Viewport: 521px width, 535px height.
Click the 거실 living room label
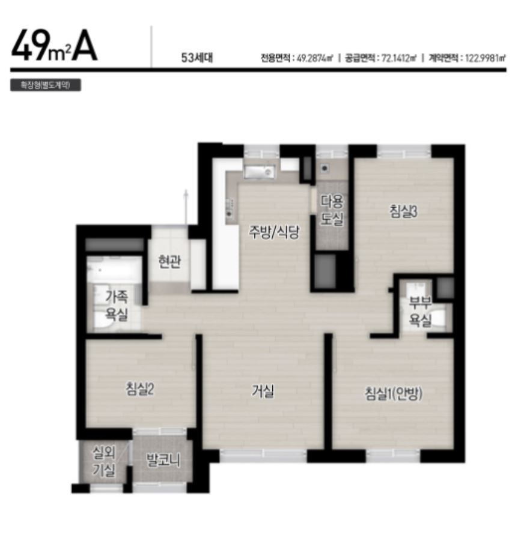click(x=263, y=391)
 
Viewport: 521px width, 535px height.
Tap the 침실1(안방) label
click(x=394, y=393)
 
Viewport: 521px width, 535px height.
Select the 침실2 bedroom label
click(x=140, y=389)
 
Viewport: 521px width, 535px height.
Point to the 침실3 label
click(x=403, y=211)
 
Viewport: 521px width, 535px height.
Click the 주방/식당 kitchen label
click(x=274, y=232)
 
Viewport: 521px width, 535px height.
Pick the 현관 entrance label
click(x=169, y=261)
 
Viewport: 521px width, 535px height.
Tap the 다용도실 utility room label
click(x=332, y=210)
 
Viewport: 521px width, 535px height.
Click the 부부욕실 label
click(x=420, y=311)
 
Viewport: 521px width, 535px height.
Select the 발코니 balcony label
click(x=163, y=460)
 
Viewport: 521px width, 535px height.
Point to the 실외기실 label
click(x=105, y=462)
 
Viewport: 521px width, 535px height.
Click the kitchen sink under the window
click(x=260, y=172)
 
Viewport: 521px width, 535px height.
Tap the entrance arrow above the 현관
click(x=186, y=207)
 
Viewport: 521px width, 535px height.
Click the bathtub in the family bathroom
click(x=114, y=269)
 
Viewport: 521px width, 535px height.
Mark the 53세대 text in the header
click(x=197, y=58)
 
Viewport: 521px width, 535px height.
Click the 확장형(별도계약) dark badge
click(x=46, y=85)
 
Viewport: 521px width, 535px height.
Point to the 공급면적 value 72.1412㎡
click(x=398, y=58)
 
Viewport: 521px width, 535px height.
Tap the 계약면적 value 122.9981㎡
click(x=485, y=58)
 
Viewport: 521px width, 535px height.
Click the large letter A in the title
click(x=84, y=49)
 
